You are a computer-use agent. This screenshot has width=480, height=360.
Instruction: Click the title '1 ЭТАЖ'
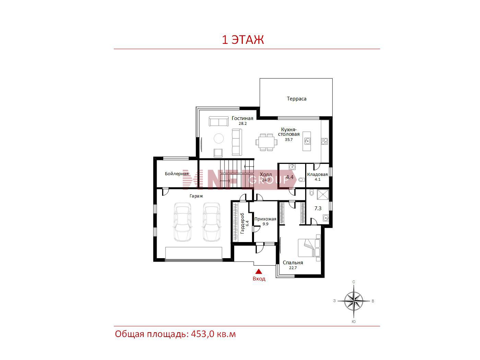243,39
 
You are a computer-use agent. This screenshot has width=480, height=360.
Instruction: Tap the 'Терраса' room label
296,99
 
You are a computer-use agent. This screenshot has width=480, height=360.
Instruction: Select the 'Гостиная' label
242,118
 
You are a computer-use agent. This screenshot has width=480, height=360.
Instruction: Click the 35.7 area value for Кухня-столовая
289,140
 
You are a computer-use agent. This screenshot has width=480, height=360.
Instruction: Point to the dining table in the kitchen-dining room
266,142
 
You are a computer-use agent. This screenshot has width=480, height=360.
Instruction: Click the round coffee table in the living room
218,139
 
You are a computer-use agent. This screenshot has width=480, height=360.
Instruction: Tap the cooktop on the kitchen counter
324,141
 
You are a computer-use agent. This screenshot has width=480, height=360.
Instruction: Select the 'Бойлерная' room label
177,174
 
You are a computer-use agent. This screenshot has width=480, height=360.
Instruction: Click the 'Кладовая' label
317,174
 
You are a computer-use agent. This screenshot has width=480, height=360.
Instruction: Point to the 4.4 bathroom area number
290,177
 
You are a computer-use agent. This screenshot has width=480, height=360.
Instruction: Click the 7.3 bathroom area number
318,208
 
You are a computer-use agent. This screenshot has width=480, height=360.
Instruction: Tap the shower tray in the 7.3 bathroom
323,194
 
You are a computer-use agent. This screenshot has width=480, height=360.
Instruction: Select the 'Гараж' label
196,196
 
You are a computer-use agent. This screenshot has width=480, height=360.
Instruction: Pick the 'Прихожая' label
265,219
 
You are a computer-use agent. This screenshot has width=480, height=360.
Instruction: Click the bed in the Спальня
309,248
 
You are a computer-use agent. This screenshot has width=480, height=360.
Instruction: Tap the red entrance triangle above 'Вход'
259,271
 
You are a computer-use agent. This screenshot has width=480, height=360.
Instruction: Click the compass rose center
353,301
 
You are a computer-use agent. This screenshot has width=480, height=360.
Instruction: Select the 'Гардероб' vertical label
242,223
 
